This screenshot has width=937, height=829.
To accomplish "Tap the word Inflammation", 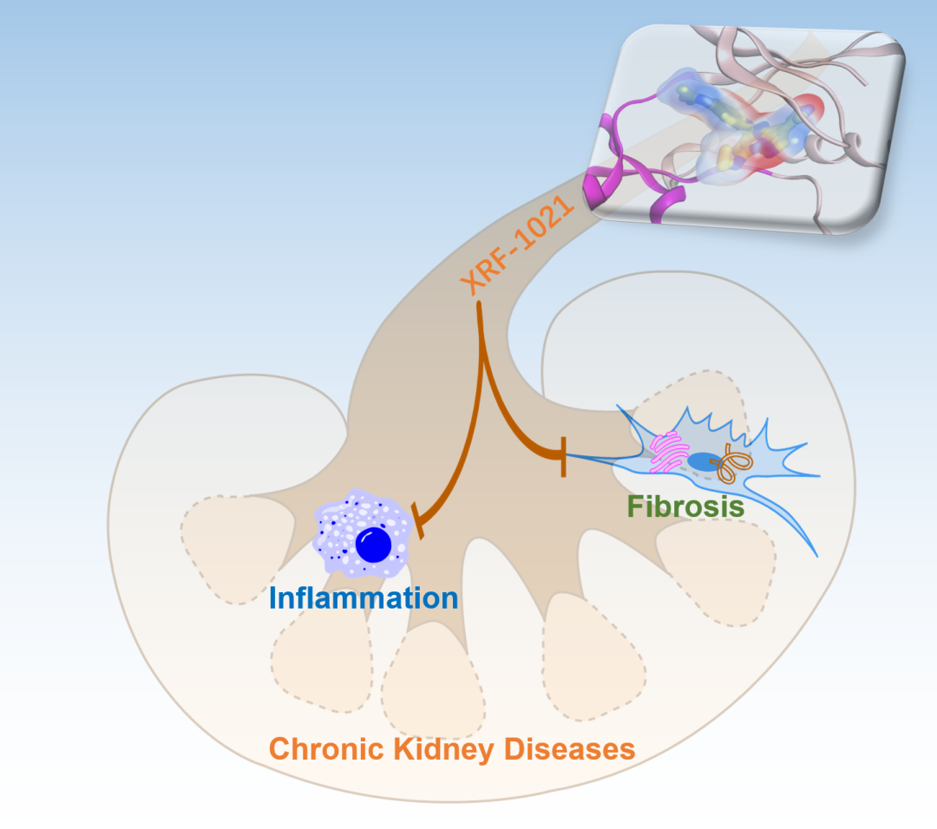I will pyautogui.click(x=364, y=597).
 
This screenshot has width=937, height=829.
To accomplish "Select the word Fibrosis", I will pyautogui.click(x=686, y=506).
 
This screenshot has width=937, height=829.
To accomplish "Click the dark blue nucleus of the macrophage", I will pyautogui.click(x=374, y=544).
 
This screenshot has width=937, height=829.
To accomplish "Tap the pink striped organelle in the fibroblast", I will pyautogui.click(x=669, y=451).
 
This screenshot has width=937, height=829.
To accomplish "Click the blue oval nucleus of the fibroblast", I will pyautogui.click(x=704, y=462).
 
